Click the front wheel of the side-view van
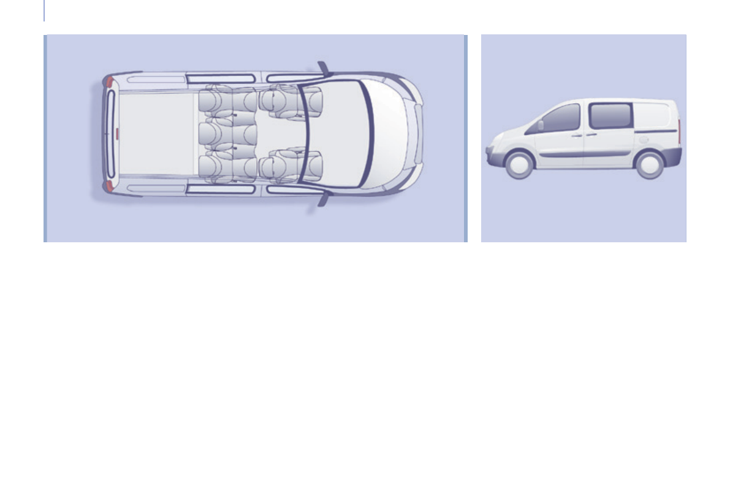coord(519,164)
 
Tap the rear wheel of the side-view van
coord(649,164)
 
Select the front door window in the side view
coord(560,118)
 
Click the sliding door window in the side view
coord(610,116)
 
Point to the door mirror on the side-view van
coord(540,125)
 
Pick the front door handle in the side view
coord(576,135)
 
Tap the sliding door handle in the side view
coord(591,134)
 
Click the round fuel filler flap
coord(643,140)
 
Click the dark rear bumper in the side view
coord(672,157)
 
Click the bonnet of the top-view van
coord(389,134)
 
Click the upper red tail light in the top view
coord(108,81)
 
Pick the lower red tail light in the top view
coord(108,185)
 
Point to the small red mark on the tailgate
coord(113,132)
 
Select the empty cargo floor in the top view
coord(156,133)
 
